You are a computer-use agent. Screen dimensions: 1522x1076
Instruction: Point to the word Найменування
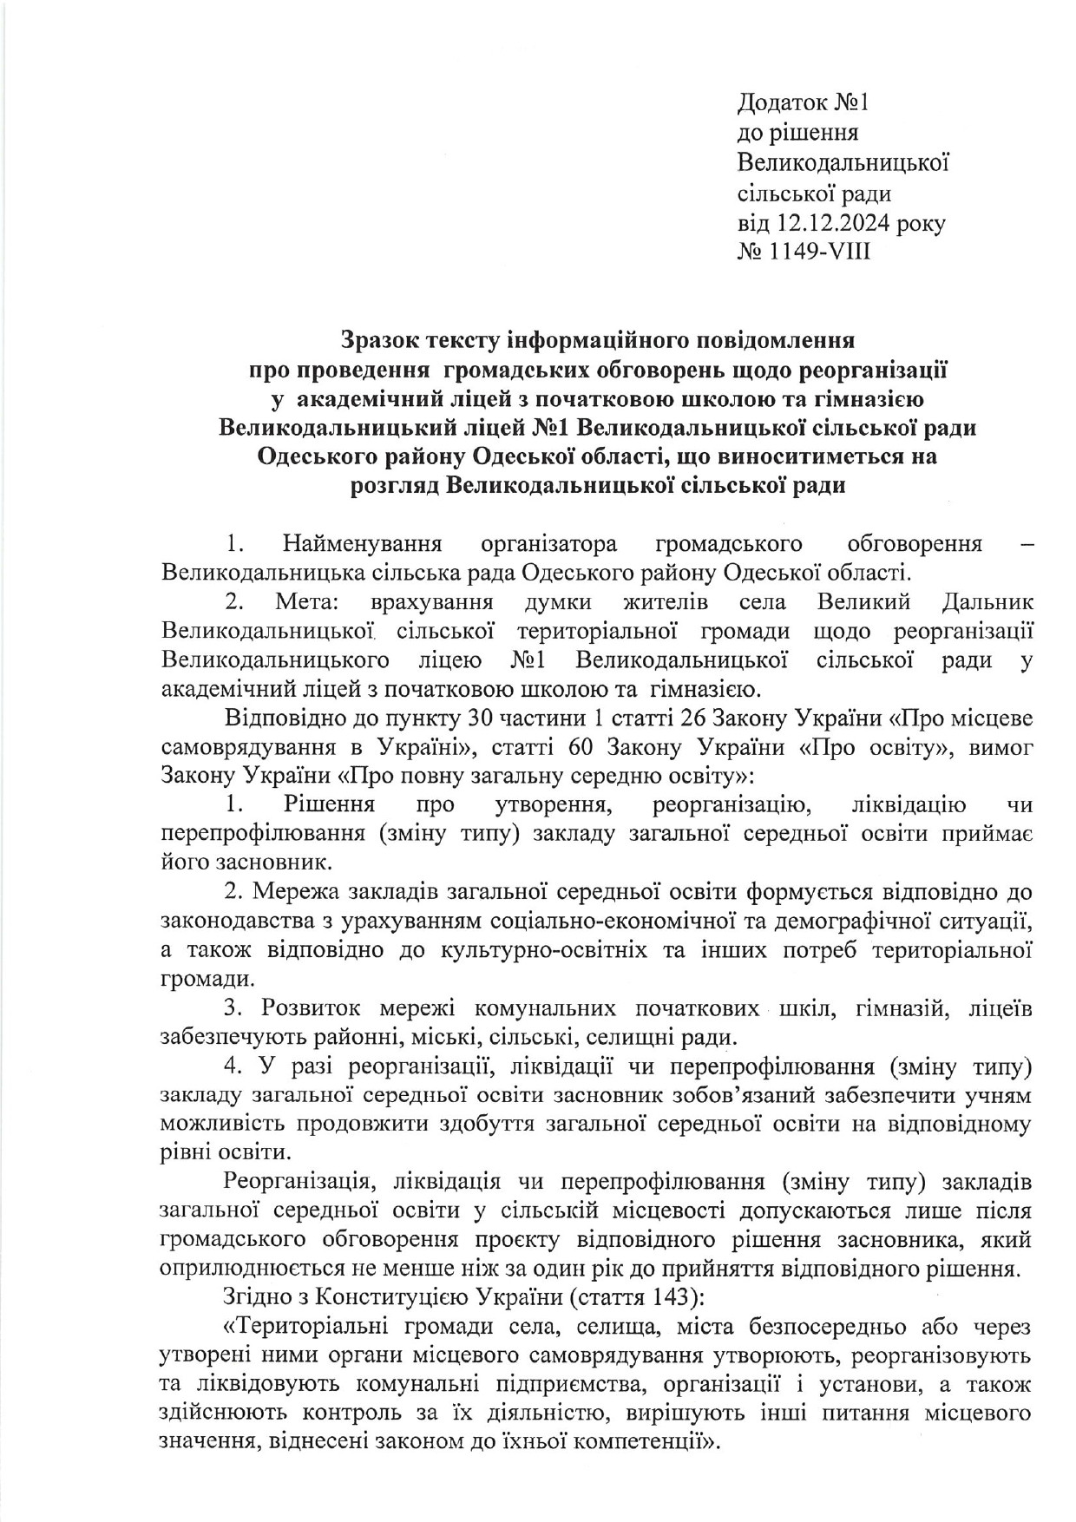point(362,544)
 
